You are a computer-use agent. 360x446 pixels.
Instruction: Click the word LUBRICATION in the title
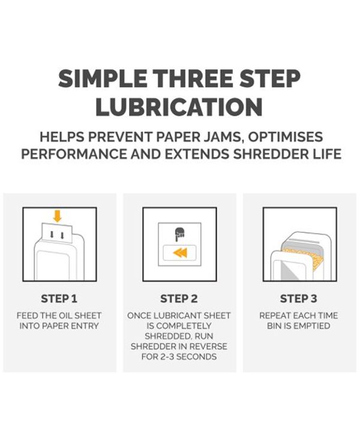pos(179,107)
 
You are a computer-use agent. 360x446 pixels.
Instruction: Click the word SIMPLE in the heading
pos(103,79)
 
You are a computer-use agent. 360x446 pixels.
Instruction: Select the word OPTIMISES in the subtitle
pos(286,137)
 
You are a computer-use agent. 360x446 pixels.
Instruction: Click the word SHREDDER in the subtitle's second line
pos(269,154)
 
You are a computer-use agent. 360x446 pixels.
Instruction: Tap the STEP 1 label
pos(59,299)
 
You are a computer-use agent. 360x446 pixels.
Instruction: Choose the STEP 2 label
pos(179,299)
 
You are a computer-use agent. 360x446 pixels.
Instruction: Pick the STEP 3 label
pos(299,299)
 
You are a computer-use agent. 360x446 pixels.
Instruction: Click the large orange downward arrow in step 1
pos(58,216)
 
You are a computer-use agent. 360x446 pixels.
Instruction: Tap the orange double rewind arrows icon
pos(180,252)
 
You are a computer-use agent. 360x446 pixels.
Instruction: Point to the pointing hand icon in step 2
pos(179,234)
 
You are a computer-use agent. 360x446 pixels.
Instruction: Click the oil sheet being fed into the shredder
pos(57,233)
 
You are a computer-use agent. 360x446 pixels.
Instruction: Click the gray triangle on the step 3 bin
pos(290,271)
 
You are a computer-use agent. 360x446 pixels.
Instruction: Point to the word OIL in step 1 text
pos(64,316)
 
